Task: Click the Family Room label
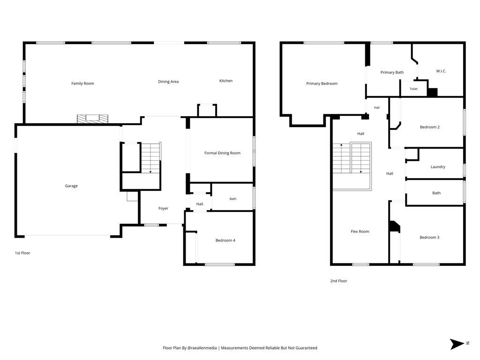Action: tap(82, 83)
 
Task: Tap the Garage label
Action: tap(71, 186)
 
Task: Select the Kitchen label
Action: tap(226, 81)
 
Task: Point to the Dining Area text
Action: tap(168, 82)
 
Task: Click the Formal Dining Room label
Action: tap(223, 153)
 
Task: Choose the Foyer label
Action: tap(164, 208)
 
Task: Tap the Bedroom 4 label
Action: tap(225, 240)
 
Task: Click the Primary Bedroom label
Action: tap(322, 83)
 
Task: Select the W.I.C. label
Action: tap(441, 71)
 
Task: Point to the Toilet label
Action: tap(413, 89)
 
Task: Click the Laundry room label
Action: tap(438, 167)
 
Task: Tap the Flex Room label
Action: tap(360, 232)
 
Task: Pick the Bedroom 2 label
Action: tap(430, 127)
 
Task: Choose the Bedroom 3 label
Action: tap(429, 237)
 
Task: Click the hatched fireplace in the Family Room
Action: tap(92, 119)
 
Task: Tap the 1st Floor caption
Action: tap(22, 253)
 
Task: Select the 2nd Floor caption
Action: tap(338, 281)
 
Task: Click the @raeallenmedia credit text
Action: tap(202, 348)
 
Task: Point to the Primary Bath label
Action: tap(392, 72)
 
